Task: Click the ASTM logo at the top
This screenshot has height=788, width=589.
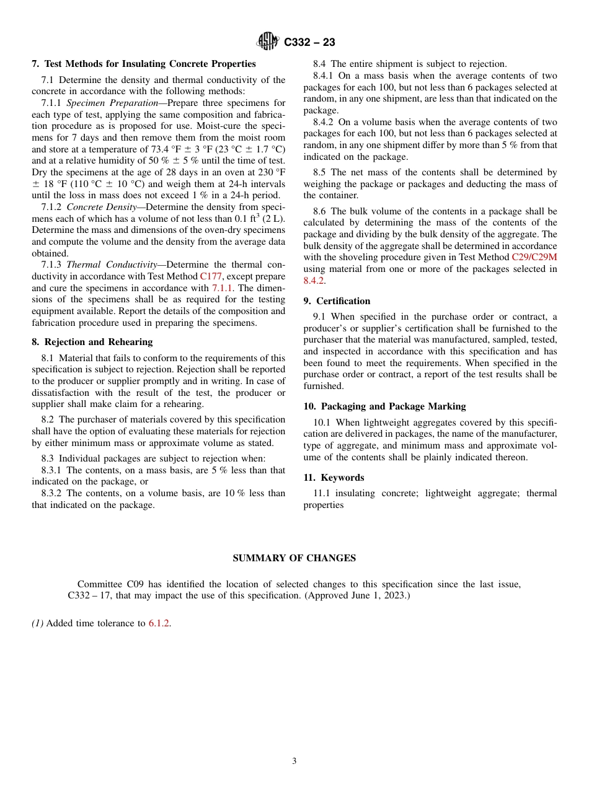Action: click(268, 42)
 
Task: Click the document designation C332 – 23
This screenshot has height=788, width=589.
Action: click(309, 42)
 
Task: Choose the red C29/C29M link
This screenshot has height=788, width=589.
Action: click(534, 257)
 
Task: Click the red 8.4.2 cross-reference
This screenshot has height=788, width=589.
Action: click(314, 281)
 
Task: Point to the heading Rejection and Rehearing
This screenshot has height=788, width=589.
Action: click(98, 342)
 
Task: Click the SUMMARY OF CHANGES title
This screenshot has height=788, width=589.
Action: click(294, 558)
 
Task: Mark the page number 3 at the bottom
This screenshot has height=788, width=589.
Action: click(294, 761)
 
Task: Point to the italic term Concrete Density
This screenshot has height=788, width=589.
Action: click(101, 207)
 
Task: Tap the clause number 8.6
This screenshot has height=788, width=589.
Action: click(319, 211)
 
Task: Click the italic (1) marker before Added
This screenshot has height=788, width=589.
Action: click(38, 623)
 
